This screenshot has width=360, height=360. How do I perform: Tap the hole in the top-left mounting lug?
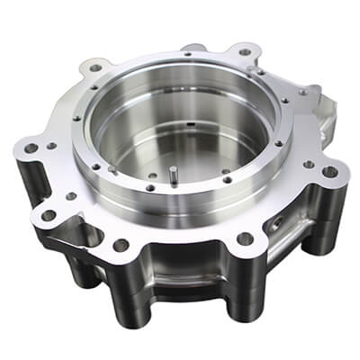[x=95, y=67]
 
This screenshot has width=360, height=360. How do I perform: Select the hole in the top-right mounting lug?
[x=245, y=51]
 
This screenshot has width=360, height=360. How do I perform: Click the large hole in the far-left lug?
[x=31, y=148]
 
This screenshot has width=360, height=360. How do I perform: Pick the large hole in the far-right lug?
[x=330, y=171]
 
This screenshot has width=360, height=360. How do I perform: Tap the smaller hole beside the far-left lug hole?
[x=51, y=145]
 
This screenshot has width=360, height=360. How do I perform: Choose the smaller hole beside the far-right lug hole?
[x=310, y=165]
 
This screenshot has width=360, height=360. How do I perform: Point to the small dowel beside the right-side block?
[x=304, y=90]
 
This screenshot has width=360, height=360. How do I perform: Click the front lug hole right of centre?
[x=244, y=238]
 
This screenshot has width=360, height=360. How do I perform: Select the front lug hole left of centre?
[x=120, y=244]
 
